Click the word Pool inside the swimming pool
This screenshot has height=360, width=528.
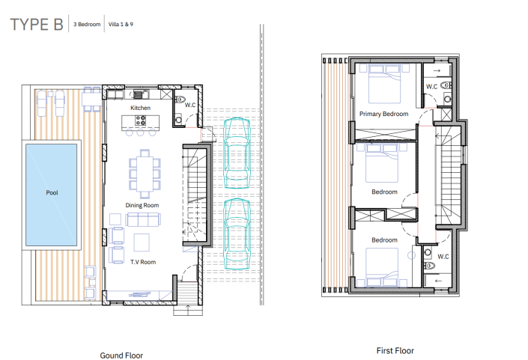point(52,192)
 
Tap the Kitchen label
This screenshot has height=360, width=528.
point(141,109)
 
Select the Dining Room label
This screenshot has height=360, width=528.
point(142,205)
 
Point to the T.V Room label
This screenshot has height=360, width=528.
point(142,263)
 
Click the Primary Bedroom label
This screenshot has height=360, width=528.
point(383,115)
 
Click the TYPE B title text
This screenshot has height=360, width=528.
point(36,24)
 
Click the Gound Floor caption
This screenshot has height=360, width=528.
point(121,356)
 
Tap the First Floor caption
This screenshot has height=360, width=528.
point(395,350)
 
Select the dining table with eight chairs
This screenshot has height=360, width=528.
point(144,173)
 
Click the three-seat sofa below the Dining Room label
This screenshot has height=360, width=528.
point(143,219)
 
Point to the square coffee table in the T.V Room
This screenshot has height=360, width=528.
point(141,242)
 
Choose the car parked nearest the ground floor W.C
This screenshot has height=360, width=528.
point(237,153)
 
